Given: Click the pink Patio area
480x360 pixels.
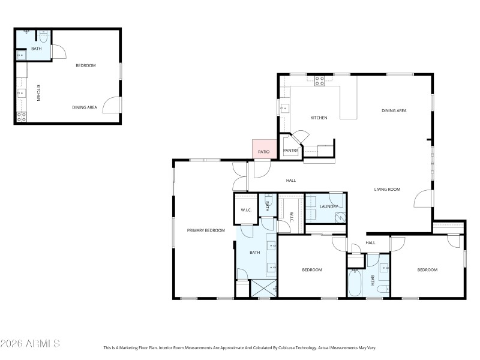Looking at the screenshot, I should (x=263, y=150).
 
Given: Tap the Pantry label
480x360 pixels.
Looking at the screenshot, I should (x=290, y=151).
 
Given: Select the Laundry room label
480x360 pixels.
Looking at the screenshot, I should (x=328, y=206).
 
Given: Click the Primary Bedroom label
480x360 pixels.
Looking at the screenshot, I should (x=206, y=230).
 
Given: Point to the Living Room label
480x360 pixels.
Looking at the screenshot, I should (x=387, y=189).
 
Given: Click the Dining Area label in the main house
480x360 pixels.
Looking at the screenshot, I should (x=394, y=110).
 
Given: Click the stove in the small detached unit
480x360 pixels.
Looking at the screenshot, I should (x=21, y=117).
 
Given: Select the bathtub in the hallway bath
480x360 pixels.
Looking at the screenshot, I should (x=355, y=283).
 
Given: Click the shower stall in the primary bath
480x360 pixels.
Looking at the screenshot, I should (x=263, y=289).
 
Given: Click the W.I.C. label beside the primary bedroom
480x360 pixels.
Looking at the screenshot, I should (x=246, y=210).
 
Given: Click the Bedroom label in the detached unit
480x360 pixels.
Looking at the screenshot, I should (x=85, y=65).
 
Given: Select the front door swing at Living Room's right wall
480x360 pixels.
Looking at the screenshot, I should (x=424, y=199).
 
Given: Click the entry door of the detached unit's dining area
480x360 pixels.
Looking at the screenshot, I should (x=112, y=105).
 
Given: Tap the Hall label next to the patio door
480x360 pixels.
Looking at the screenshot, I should (x=290, y=180).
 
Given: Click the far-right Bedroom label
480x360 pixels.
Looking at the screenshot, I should (x=427, y=270).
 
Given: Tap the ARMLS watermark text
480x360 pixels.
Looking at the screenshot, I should (x=30, y=344).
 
